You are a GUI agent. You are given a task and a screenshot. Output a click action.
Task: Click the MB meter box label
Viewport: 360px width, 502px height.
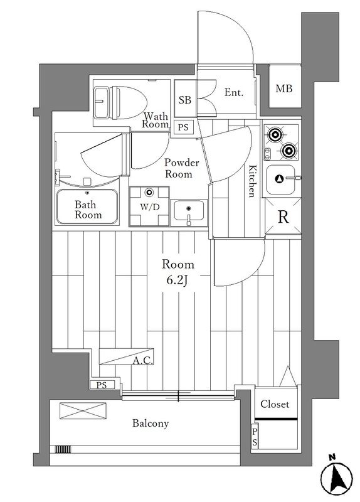click(284, 88)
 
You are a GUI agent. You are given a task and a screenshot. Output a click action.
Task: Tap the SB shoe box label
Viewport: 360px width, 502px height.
click(184, 100)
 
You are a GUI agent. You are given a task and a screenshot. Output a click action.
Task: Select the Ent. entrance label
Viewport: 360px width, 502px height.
click(233, 93)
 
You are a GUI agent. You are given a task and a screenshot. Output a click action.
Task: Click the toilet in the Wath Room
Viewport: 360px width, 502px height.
click(120, 102)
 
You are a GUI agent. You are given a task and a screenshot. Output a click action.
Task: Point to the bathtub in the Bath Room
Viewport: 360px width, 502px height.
click(87, 206)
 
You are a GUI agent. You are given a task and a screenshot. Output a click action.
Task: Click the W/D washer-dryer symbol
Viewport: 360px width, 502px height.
click(149, 206)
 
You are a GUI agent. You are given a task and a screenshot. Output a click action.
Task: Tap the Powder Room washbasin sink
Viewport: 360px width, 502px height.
click(189, 210)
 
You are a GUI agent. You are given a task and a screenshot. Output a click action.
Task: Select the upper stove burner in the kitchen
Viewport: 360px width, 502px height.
click(274, 135)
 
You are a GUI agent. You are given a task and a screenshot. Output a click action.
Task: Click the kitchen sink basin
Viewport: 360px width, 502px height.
click(280, 179)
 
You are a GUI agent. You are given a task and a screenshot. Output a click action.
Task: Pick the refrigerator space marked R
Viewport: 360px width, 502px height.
click(283, 218)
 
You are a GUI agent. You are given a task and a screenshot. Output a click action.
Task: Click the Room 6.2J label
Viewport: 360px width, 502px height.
click(177, 272)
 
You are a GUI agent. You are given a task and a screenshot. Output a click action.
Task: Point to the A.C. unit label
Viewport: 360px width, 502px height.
click(143, 361)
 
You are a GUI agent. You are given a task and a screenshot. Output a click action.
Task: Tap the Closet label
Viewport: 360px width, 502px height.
click(275, 404)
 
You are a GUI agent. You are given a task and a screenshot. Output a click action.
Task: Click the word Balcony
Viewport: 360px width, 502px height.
click(151, 424)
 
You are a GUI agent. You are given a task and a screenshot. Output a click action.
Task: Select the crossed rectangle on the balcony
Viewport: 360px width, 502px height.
click(83, 410)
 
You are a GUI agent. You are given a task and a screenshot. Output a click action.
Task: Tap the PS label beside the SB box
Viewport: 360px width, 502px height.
click(183, 128)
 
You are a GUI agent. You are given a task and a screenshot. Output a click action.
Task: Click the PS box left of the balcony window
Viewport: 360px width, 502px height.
click(102, 385)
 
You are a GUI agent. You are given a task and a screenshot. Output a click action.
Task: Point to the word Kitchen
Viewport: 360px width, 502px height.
click(253, 181)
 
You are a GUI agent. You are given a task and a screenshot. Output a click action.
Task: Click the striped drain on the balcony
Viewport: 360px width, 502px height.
click(62, 449)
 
